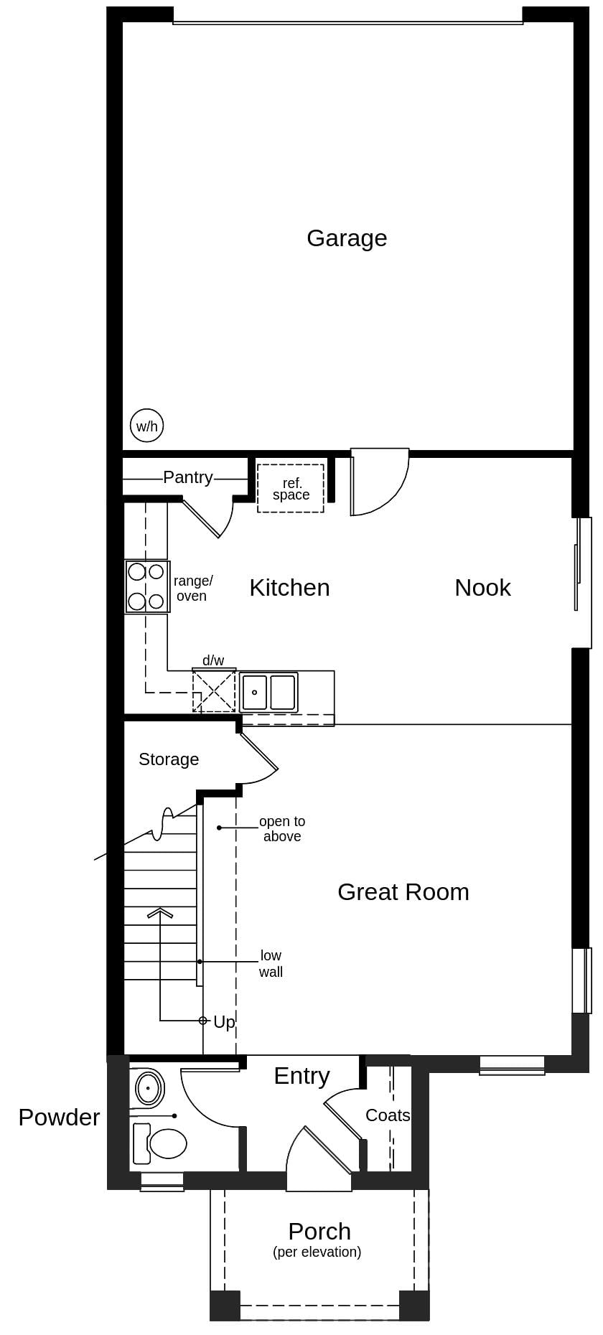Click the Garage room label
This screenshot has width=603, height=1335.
[x=347, y=238]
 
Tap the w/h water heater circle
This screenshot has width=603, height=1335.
[x=146, y=426]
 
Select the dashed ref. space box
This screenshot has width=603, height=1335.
[x=291, y=489]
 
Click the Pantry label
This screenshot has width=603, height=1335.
[x=187, y=477]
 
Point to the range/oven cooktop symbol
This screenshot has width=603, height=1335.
[x=146, y=586]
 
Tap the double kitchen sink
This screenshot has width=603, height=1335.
[x=268, y=693]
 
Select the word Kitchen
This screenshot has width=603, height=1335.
[x=289, y=588]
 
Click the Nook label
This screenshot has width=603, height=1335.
[x=482, y=588]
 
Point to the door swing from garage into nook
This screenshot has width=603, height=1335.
[x=380, y=482]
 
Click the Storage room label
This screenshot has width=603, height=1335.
[x=169, y=759]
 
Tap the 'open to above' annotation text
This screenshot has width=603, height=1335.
[x=281, y=829]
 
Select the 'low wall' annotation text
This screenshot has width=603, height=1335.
[x=271, y=964]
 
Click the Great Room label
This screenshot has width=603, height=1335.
[x=403, y=892]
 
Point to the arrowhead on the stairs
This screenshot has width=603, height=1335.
[x=160, y=913]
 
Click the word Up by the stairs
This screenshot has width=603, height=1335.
[x=224, y=1022]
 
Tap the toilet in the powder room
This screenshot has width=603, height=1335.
[x=162, y=1143]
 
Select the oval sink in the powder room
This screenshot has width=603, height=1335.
[x=149, y=1088]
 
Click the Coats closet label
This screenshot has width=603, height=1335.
[x=388, y=1115]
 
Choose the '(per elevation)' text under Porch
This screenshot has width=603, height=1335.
[x=317, y=1252]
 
